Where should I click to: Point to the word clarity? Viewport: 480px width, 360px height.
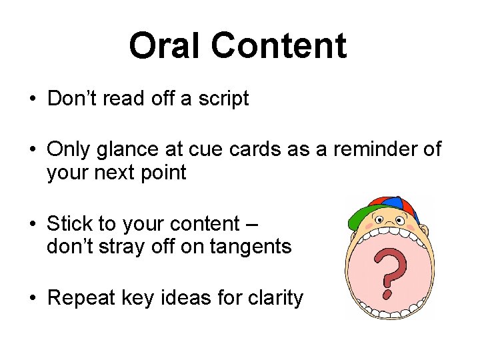point(274,297)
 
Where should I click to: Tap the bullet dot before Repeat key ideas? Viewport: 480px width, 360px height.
point(32,299)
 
